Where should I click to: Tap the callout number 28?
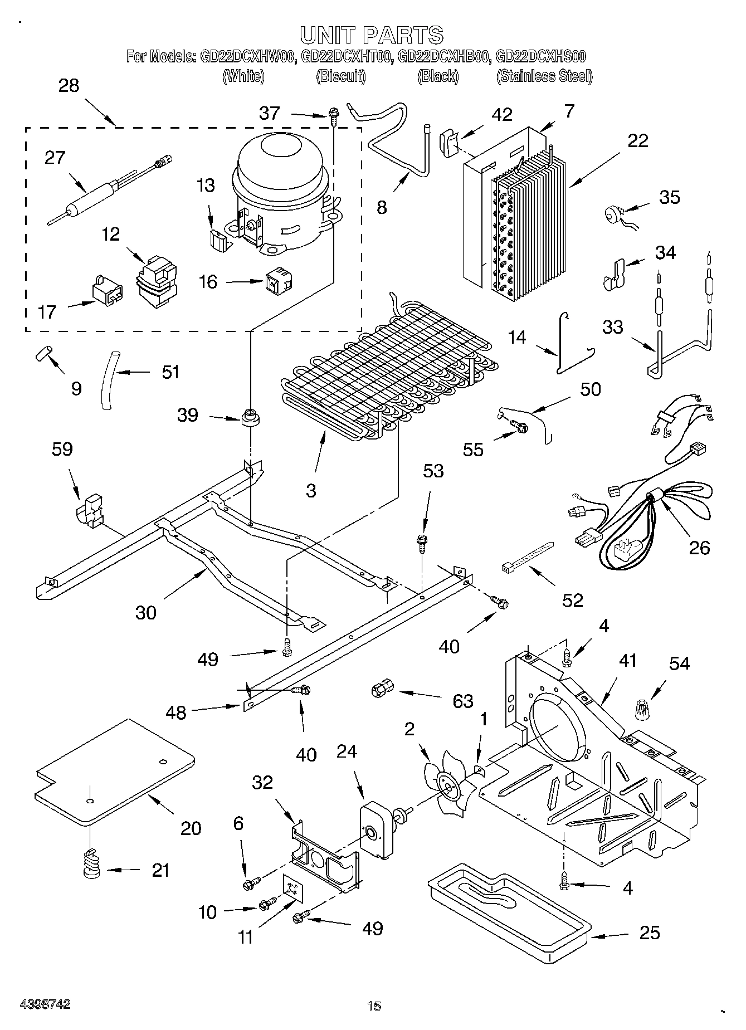point(69,86)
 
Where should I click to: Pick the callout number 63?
point(462,701)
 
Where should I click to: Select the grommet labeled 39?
point(251,417)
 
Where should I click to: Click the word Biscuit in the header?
point(340,76)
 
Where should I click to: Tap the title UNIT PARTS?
point(372,35)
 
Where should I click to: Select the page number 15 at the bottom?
point(374,1006)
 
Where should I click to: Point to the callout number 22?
point(637,141)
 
